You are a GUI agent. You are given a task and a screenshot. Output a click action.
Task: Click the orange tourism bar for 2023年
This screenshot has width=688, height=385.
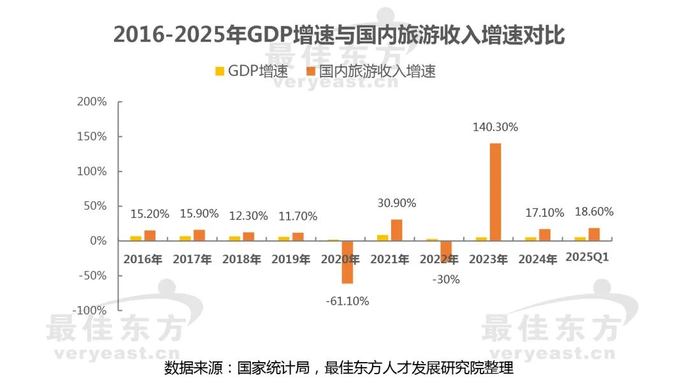495,192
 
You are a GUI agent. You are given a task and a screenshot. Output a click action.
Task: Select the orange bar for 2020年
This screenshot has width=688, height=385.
347,262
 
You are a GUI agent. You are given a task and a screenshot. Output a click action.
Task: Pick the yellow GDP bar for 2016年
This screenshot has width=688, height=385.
136,238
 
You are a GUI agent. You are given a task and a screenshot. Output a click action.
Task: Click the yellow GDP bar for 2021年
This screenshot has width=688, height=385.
383,238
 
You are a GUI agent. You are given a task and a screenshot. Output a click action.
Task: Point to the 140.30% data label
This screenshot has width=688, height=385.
495,127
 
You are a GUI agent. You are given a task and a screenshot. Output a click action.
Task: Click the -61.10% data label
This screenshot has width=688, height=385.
347,301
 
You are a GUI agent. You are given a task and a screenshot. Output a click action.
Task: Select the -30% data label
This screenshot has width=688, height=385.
445,279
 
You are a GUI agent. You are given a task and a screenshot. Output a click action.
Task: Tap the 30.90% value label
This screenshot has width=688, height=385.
396,203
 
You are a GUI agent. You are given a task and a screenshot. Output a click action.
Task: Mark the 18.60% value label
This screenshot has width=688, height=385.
593,212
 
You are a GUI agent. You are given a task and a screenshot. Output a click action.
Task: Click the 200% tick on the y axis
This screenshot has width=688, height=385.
92,102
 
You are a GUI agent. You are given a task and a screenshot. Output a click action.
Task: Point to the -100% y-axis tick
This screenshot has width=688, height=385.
89,310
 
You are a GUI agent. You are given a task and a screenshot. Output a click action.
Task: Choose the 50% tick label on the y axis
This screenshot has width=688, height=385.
94,206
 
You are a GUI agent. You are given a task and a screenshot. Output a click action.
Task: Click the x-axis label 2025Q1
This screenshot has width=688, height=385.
587,258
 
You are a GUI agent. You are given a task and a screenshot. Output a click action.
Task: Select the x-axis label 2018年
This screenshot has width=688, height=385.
241,259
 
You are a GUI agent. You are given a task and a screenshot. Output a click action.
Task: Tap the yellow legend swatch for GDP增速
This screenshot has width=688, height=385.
220,71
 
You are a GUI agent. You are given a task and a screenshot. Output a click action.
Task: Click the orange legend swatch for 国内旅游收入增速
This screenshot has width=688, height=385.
312,71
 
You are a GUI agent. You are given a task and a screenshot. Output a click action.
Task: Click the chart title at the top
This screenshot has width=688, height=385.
339,36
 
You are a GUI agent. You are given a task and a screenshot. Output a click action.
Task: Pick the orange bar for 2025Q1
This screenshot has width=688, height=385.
594,235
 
